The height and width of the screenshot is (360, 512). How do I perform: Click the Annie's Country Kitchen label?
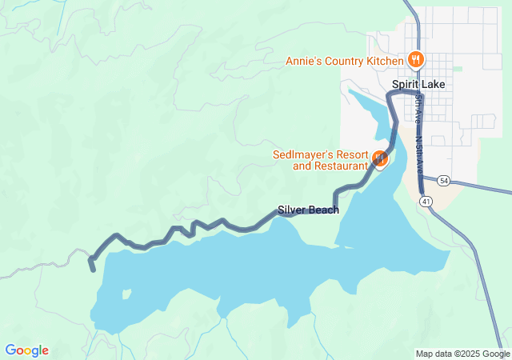tap(345, 61)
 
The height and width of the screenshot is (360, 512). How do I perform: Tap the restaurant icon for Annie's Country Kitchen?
tap(415, 59)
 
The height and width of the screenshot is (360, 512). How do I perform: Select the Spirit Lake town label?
tap(418, 84)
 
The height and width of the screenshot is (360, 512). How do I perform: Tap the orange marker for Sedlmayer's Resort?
tap(380, 158)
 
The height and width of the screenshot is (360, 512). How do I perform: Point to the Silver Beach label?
tap(308, 210)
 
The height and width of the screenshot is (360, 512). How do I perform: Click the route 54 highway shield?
tap(444, 182)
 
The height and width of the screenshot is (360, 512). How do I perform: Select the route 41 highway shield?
tap(427, 202)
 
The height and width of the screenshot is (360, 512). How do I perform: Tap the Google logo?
tap(26, 350)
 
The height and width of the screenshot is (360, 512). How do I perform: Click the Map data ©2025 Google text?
tap(462, 354)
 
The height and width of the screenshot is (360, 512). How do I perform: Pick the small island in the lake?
tap(126, 294)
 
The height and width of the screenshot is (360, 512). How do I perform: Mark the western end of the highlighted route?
tap(93, 268)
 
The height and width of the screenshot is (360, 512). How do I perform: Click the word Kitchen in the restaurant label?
tap(384, 61)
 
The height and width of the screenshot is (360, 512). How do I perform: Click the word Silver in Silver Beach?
tap(292, 210)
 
